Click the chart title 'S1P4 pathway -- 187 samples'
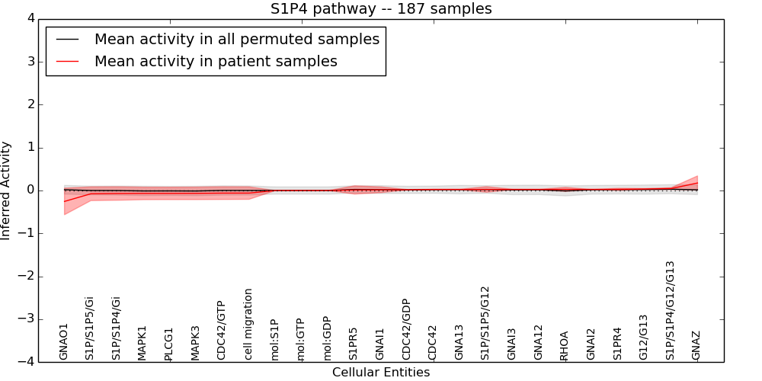tap(381, 9)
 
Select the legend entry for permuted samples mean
tap(236, 39)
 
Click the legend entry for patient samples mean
tap(216, 61)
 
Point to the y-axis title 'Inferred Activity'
tap(7, 190)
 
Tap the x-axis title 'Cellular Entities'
tap(381, 373)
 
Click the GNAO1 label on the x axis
tap(64, 341)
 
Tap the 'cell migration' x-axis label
tap(248, 324)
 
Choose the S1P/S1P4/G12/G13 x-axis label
tap(671, 310)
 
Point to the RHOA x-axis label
tap(565, 345)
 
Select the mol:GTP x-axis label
tap(301, 339)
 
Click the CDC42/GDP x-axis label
tap(406, 329)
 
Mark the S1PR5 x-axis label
tap(354, 343)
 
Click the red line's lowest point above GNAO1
tap(65, 201)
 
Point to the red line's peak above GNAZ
tap(697, 183)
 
